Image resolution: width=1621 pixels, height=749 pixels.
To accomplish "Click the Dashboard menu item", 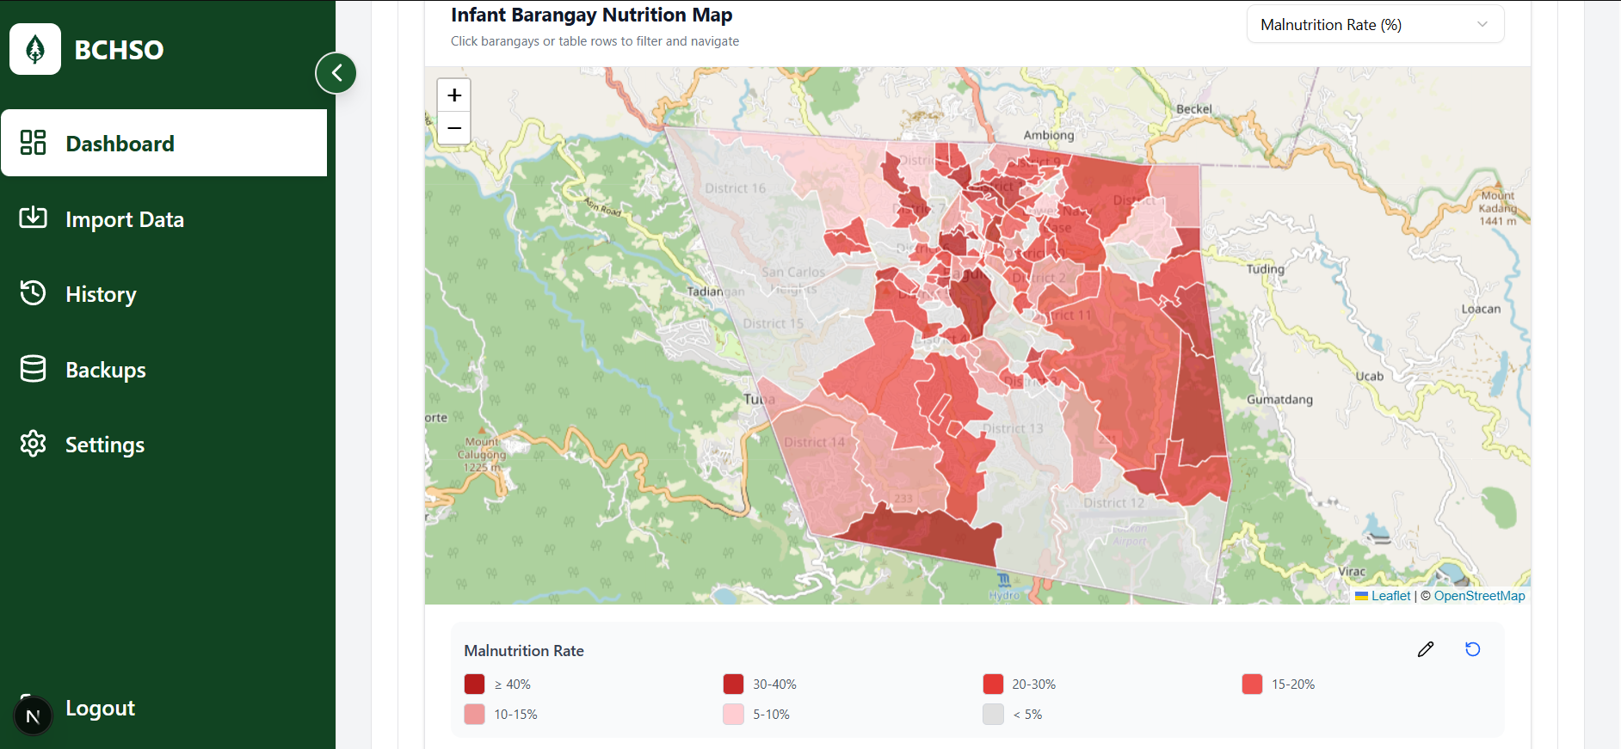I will [x=163, y=144].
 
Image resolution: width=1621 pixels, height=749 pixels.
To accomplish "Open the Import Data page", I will [x=124, y=220].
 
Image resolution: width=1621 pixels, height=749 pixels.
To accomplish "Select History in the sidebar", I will [x=101, y=295].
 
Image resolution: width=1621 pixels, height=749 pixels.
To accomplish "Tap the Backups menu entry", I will [x=105, y=371].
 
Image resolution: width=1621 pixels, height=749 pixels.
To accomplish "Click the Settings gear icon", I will [x=34, y=445].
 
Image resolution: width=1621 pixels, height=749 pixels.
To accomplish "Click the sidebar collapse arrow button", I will [x=336, y=73].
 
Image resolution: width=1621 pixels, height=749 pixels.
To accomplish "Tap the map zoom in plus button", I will [x=454, y=95].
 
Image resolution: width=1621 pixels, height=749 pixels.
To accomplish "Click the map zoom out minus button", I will [x=454, y=128].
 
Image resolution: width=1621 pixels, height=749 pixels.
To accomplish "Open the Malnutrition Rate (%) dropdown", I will [x=1374, y=25].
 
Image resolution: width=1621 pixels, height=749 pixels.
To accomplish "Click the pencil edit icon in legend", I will [x=1426, y=649].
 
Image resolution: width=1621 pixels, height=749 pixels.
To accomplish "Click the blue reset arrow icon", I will [x=1472, y=649].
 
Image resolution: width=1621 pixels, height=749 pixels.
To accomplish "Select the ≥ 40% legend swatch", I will [x=474, y=685].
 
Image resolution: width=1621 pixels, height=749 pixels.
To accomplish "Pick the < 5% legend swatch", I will [x=993, y=715].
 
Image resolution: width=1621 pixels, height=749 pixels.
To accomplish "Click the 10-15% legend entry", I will [x=515, y=715].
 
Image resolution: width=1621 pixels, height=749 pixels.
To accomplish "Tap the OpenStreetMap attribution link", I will [x=1478, y=596].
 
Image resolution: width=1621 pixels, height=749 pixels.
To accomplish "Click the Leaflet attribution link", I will [x=1390, y=596].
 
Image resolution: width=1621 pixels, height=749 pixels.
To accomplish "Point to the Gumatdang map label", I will [x=1279, y=400].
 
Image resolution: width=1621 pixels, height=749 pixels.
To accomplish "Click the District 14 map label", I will [x=814, y=442].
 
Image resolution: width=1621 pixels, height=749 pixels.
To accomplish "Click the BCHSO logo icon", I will [x=35, y=49].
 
